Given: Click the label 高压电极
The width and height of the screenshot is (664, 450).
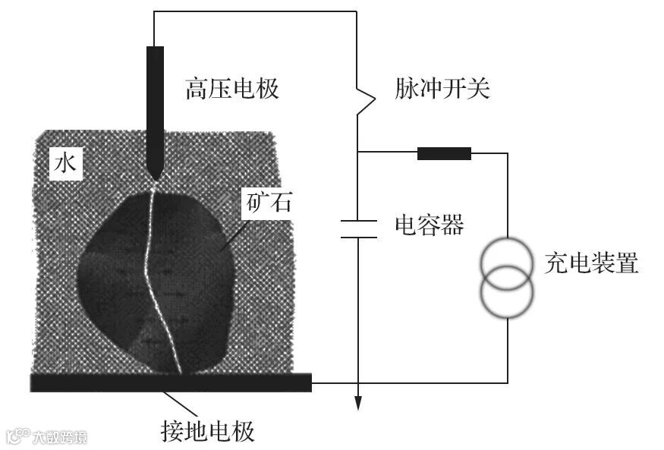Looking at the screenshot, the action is click(x=232, y=90).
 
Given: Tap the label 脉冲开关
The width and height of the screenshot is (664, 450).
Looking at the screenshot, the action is click(x=443, y=90).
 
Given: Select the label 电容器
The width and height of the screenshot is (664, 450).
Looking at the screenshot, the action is click(x=429, y=225).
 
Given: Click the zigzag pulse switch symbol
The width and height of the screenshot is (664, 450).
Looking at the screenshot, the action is click(x=365, y=100).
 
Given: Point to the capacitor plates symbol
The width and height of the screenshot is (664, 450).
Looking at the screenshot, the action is click(x=357, y=228).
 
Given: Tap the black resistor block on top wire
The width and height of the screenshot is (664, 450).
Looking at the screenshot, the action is click(x=444, y=154).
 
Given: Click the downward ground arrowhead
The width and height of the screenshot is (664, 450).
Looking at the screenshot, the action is click(x=357, y=402).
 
